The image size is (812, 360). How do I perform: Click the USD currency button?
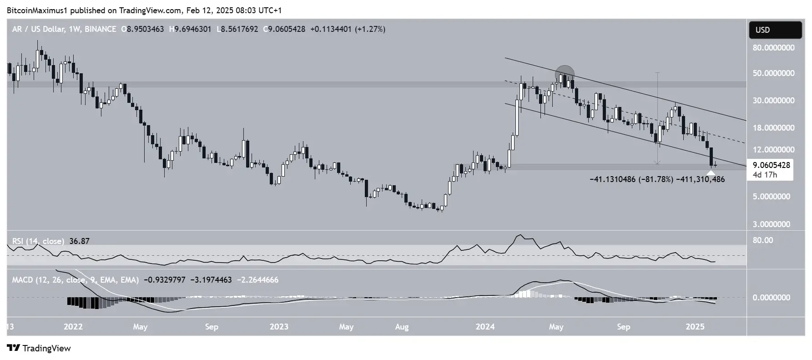click(775, 30)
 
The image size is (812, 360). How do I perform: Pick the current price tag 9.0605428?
click(770, 165)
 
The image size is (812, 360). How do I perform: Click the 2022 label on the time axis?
click(73, 327)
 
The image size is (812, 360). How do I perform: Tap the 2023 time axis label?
click(279, 327)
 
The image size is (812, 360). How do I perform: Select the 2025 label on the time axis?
click(695, 327)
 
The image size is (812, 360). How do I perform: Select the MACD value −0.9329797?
click(164, 280)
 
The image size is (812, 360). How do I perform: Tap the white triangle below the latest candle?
click(711, 172)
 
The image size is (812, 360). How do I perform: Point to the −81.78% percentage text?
click(656, 180)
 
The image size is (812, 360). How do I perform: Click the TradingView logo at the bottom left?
click(40, 348)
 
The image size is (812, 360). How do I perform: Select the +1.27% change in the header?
click(371, 29)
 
